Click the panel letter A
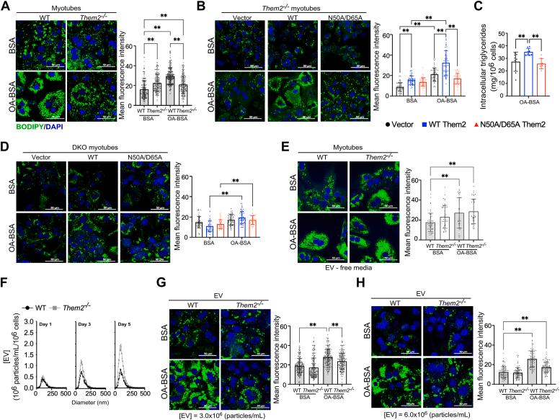(5, 6)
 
